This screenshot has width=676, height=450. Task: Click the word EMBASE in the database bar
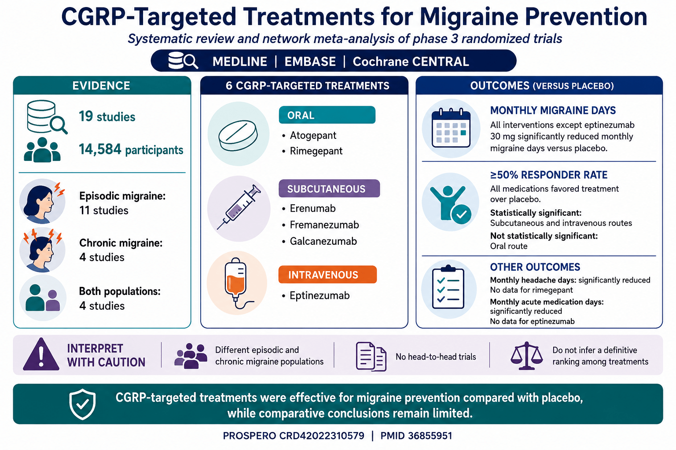[x=310, y=62]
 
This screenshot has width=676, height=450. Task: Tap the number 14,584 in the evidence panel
[x=100, y=149]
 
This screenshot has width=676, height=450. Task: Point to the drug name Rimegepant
[x=316, y=151]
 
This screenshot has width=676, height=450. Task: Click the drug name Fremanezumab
[x=324, y=225]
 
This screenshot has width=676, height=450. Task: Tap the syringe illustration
[x=239, y=207]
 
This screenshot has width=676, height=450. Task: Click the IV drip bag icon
[x=236, y=283]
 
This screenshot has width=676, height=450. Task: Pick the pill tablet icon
[x=238, y=135]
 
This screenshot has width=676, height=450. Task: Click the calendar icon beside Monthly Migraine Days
[x=451, y=128]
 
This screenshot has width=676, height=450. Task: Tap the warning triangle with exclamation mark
[x=41, y=355]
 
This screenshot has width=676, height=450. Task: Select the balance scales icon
[x=527, y=356]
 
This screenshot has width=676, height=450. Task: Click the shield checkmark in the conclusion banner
[x=82, y=404]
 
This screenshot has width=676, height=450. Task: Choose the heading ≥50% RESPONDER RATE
[x=549, y=175]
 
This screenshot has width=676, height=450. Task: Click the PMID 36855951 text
[x=416, y=436]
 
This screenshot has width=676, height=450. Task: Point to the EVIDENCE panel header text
[x=101, y=86]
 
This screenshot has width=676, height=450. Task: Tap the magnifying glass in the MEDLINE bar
[x=191, y=61]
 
